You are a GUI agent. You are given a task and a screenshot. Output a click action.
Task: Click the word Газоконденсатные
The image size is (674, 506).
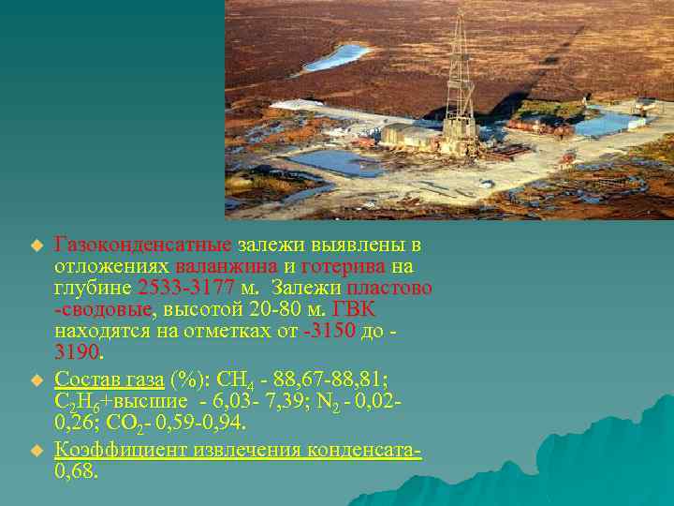[x=143, y=246]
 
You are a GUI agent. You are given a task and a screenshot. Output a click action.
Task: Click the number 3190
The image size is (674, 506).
[x=76, y=353]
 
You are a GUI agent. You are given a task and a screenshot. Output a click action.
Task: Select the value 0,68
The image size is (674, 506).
[x=76, y=471]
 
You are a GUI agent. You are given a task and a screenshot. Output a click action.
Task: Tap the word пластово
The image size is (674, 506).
[x=393, y=289]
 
